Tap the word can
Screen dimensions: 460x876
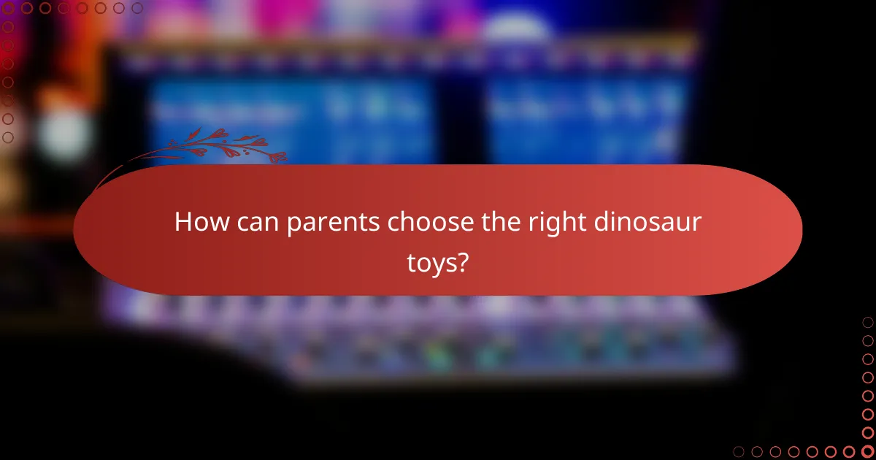click(255, 222)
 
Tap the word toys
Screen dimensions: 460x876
click(431, 264)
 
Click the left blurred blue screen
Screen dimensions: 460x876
click(292, 117)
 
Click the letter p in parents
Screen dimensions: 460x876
click(292, 225)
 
